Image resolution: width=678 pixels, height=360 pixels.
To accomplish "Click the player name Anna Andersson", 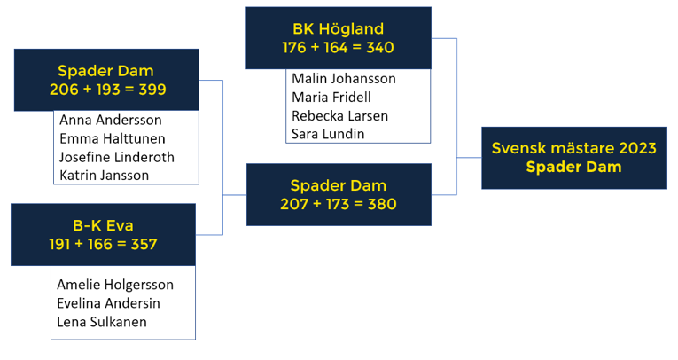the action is [111, 120].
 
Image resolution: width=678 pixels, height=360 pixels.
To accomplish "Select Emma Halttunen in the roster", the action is [113, 138].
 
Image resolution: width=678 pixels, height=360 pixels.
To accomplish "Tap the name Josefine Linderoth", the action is [117, 157].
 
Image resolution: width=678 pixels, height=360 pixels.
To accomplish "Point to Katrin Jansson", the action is [105, 176].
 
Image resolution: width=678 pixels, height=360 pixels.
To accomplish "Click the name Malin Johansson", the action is [344, 79].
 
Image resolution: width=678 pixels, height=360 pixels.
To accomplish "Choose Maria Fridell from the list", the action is [331, 98].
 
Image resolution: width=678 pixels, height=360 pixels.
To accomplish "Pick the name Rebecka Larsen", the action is [339, 116].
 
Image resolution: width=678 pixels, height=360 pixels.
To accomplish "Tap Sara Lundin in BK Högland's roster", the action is [328, 134].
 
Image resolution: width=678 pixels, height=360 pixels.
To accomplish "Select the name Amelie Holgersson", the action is [115, 285].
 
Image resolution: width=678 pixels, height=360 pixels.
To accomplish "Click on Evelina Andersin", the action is [108, 303].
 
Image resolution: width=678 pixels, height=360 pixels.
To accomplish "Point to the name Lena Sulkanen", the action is [102, 322].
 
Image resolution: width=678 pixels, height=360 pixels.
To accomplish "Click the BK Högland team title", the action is [339, 29].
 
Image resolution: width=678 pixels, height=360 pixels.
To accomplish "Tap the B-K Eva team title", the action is [103, 225].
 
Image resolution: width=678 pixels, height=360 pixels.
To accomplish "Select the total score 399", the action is [152, 90].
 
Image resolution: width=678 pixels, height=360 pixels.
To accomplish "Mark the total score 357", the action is [144, 245].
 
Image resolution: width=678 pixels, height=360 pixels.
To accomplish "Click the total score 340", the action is [380, 48].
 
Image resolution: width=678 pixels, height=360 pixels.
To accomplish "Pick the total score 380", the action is [382, 204].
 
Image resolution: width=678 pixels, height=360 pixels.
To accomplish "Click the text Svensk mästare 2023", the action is [574, 148].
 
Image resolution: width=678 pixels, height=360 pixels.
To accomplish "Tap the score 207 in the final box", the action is [294, 204].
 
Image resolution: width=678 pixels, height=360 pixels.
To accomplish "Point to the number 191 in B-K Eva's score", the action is [59, 245].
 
